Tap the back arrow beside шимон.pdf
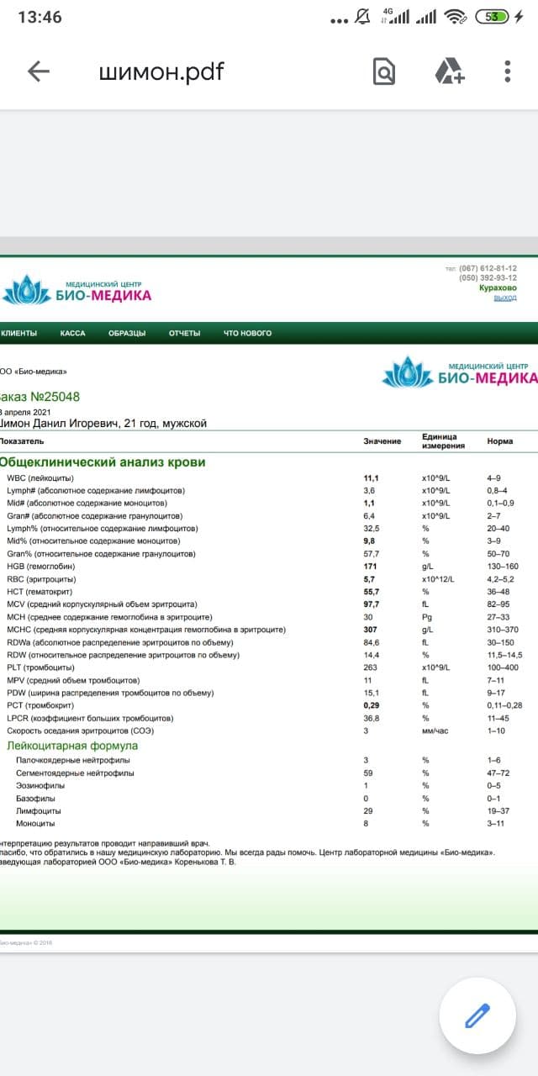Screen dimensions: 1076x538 pos(39,71)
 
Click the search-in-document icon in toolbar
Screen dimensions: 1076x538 pos(383,71)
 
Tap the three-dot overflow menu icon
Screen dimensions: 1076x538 pos(507,71)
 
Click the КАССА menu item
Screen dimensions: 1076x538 pos(73,334)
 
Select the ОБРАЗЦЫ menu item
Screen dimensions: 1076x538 pos(127,334)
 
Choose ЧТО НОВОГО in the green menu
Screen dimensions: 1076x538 pos(247,334)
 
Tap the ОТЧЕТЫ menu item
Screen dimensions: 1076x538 pos(184,334)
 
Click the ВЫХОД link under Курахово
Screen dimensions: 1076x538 pos(505,298)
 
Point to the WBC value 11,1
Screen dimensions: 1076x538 pos(371,478)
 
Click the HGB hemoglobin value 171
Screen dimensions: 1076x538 pos(370,567)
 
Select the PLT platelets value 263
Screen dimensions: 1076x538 pos(370,667)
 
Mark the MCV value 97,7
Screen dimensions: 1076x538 pos(371,604)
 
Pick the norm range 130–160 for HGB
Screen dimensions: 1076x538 pos(503,567)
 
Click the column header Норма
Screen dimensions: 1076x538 pos(500,441)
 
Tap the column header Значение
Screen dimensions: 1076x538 pos(382,441)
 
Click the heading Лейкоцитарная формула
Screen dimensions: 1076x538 pos(72,746)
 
